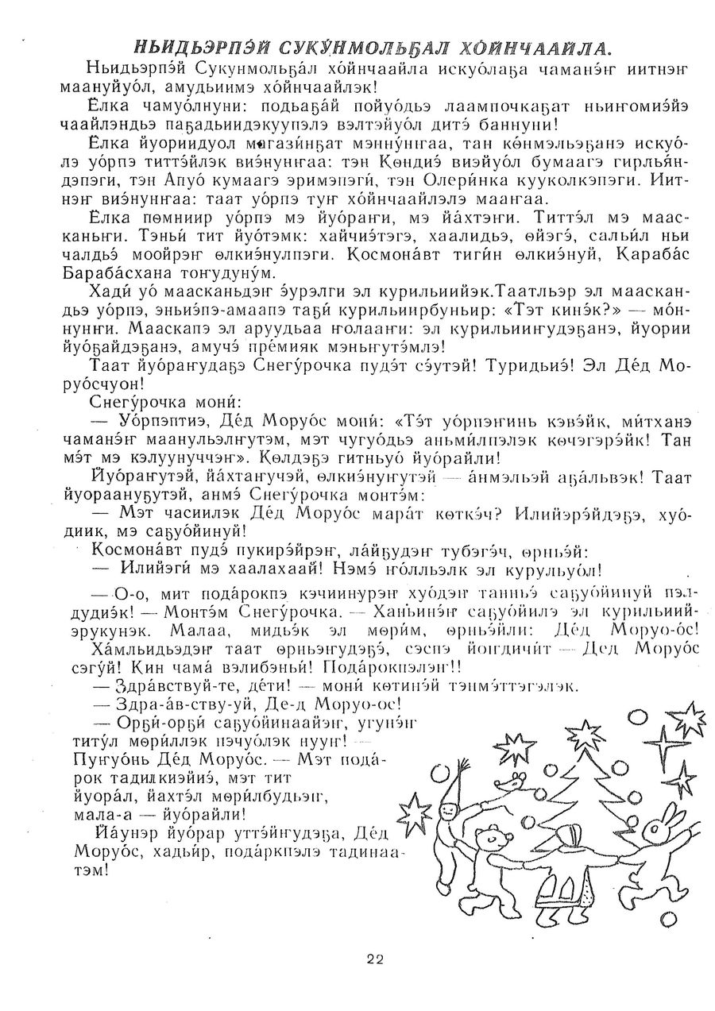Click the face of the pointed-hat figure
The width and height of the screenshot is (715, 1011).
click(x=448, y=813)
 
